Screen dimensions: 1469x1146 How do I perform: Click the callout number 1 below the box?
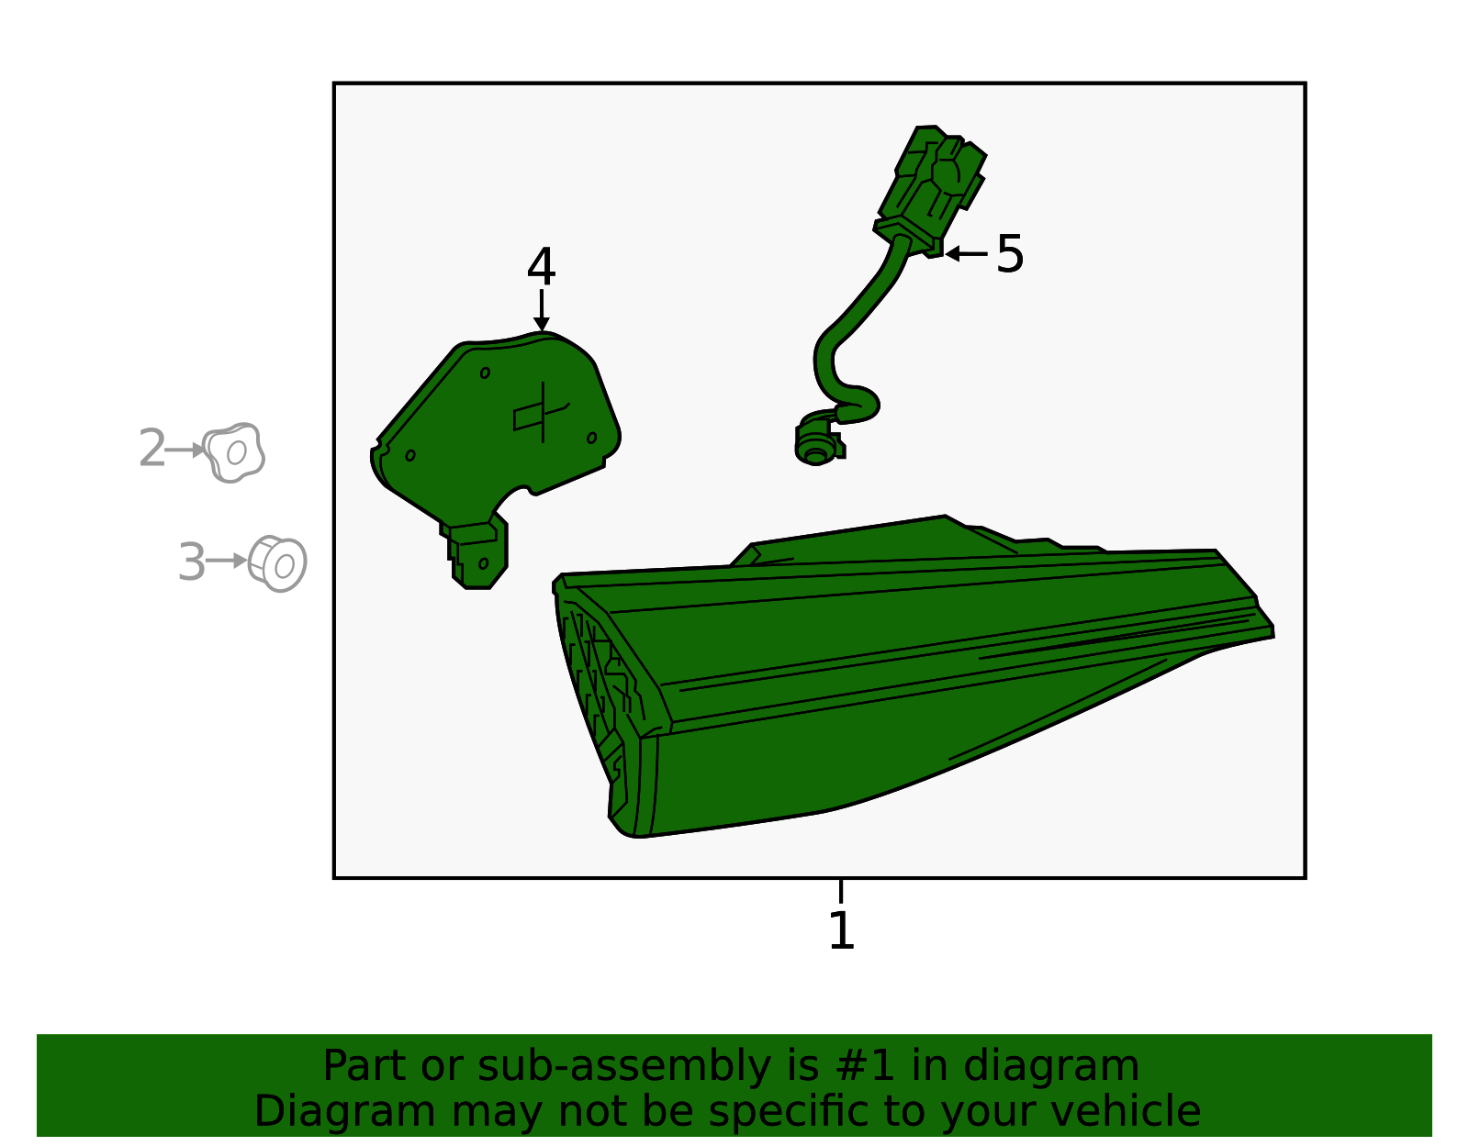(x=841, y=931)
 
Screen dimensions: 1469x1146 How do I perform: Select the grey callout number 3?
(x=191, y=562)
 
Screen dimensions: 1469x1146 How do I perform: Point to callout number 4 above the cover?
(x=542, y=266)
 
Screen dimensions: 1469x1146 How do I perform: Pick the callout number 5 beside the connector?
(x=1010, y=254)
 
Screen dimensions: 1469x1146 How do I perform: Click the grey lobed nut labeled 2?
(x=234, y=451)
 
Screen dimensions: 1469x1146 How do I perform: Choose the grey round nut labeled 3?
(x=277, y=563)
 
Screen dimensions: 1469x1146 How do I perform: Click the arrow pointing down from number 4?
(x=542, y=311)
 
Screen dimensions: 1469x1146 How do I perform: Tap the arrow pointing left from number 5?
(x=966, y=254)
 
